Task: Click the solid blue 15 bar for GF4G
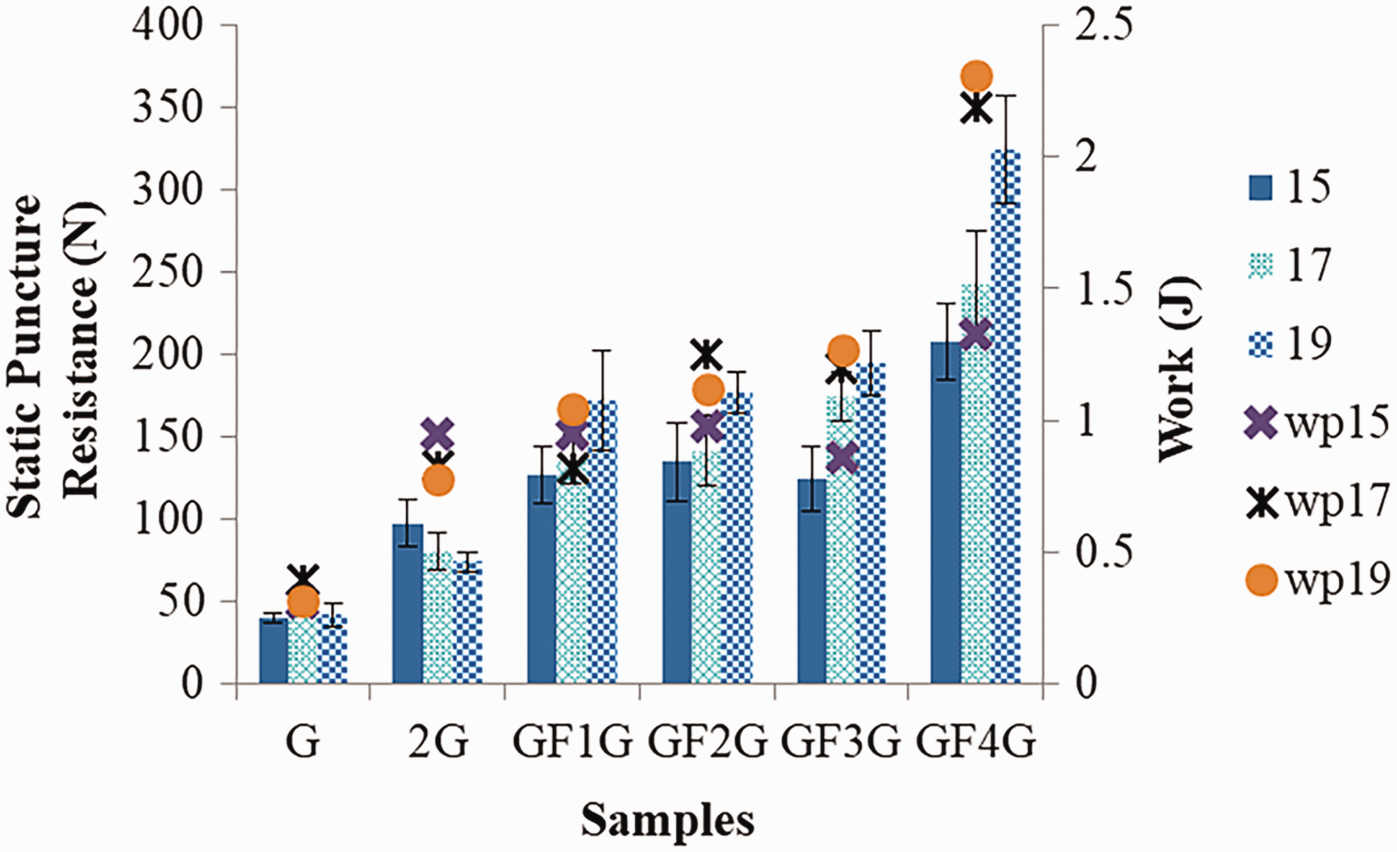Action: click(x=946, y=513)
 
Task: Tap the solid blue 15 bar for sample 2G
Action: click(x=408, y=604)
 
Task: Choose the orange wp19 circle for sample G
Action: click(x=302, y=602)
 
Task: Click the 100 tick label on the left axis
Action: click(x=168, y=520)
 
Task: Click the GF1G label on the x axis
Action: click(x=573, y=741)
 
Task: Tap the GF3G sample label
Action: click(x=841, y=741)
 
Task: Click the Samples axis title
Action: click(x=668, y=820)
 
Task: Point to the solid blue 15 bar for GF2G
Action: click(x=677, y=572)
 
